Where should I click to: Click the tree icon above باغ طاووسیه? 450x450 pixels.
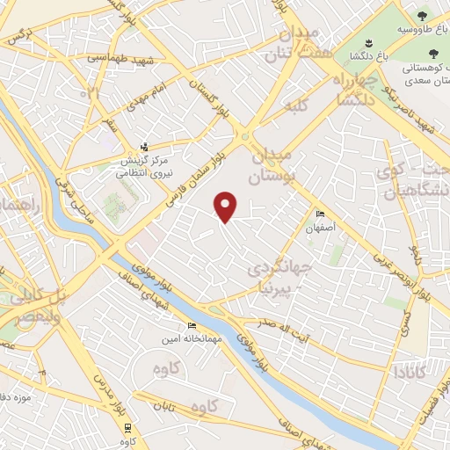(x=422, y=15)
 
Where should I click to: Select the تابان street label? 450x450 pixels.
(x=172, y=406)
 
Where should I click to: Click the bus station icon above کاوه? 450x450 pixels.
(x=129, y=426)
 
